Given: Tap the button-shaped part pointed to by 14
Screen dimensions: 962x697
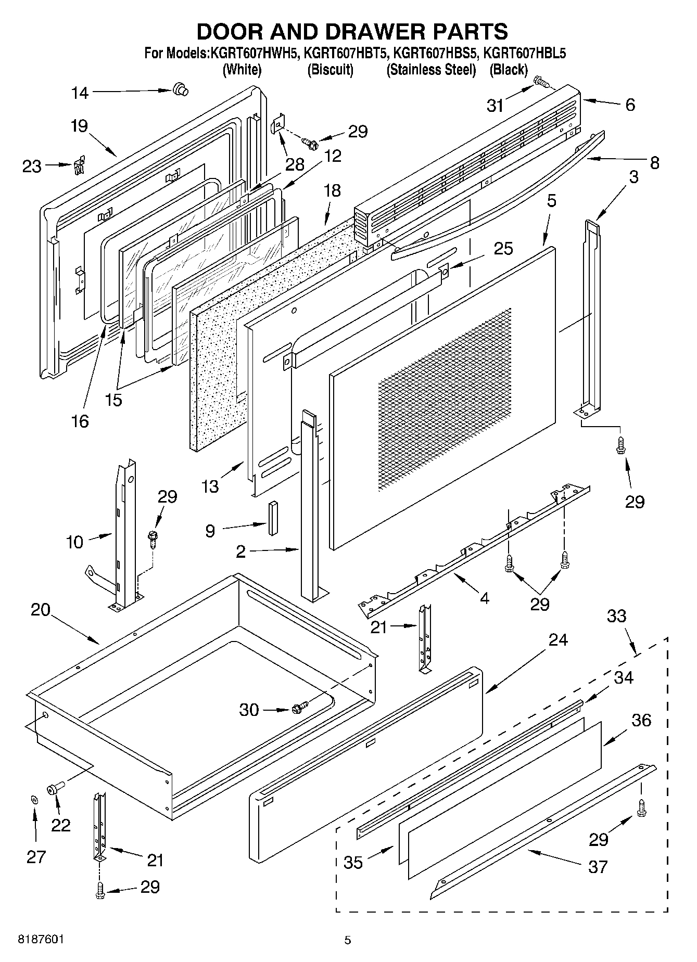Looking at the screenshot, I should (x=180, y=89).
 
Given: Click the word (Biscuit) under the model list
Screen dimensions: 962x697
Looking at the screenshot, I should (x=331, y=70).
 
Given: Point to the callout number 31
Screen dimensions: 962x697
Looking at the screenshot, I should (x=496, y=106).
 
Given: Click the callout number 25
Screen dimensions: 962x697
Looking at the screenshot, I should (x=503, y=248).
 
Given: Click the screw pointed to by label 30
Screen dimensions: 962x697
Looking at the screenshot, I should (x=299, y=708).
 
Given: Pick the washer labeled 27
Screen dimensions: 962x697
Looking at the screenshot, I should (x=34, y=799).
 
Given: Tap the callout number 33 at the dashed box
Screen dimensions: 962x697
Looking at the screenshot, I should (x=617, y=616).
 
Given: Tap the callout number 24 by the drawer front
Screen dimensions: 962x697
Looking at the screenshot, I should (x=557, y=640).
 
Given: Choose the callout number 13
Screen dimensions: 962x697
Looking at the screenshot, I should (x=210, y=486).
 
